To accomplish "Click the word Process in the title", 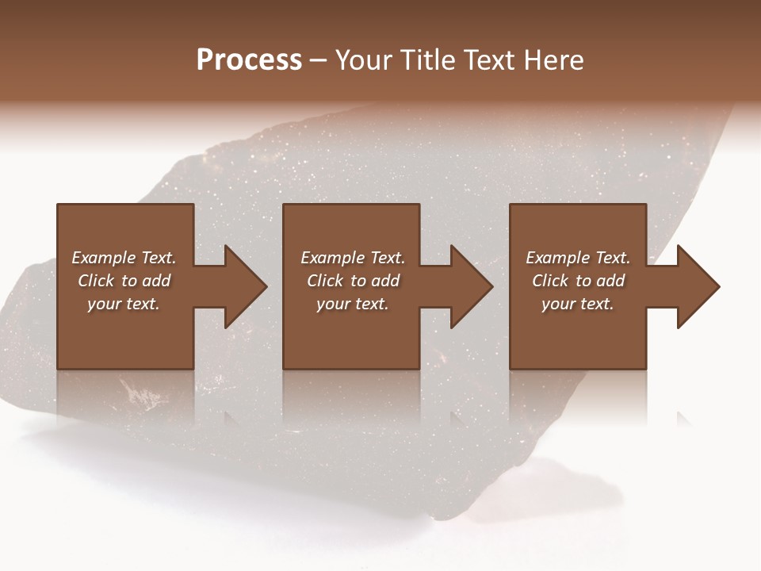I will (249, 60).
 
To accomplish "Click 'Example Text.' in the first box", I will (124, 258).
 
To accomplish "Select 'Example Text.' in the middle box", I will (353, 258).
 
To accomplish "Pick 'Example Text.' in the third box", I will (578, 258).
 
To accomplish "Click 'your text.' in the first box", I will (124, 304).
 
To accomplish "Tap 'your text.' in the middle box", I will (353, 304).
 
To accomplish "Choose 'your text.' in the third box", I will (578, 304).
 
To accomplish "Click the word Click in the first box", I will (96, 281).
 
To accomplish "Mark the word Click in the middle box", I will (325, 281).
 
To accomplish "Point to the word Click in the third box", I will (550, 281).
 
